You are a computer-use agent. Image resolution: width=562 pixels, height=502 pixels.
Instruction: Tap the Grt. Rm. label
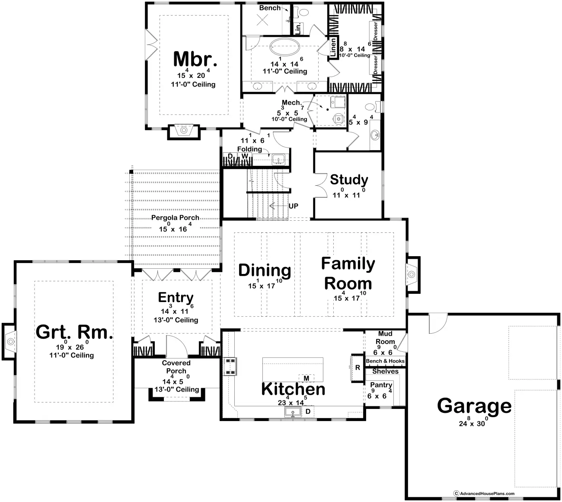[x=74, y=332]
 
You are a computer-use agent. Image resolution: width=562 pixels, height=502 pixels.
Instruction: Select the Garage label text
[x=474, y=405]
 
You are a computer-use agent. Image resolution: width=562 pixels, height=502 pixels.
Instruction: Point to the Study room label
[x=349, y=180]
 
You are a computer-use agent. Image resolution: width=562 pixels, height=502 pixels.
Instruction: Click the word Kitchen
[x=293, y=389]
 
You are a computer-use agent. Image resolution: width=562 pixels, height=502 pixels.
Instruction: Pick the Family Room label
[x=348, y=274]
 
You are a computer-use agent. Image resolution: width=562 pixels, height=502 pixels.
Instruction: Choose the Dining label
[x=265, y=270]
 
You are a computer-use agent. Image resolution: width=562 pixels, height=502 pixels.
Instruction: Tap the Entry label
[x=176, y=297]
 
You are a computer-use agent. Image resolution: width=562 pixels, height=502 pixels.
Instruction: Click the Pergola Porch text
[x=175, y=217]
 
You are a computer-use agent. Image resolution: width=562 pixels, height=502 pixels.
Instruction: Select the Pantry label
[x=381, y=385]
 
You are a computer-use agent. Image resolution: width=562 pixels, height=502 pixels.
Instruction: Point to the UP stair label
[x=293, y=206]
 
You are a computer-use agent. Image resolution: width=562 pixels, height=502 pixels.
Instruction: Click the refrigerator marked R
[x=358, y=368]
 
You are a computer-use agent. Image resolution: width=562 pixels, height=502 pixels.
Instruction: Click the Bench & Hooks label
[x=385, y=361]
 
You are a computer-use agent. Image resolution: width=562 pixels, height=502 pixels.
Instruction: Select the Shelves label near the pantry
[x=385, y=371]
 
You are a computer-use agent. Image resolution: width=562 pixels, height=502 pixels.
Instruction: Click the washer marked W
[x=244, y=156]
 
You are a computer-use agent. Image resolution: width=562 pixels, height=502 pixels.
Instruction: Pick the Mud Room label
[x=385, y=338]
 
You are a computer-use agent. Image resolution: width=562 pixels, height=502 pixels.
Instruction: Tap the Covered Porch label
[x=176, y=367]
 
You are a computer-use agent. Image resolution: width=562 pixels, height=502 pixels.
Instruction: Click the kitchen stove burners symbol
[x=230, y=366]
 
